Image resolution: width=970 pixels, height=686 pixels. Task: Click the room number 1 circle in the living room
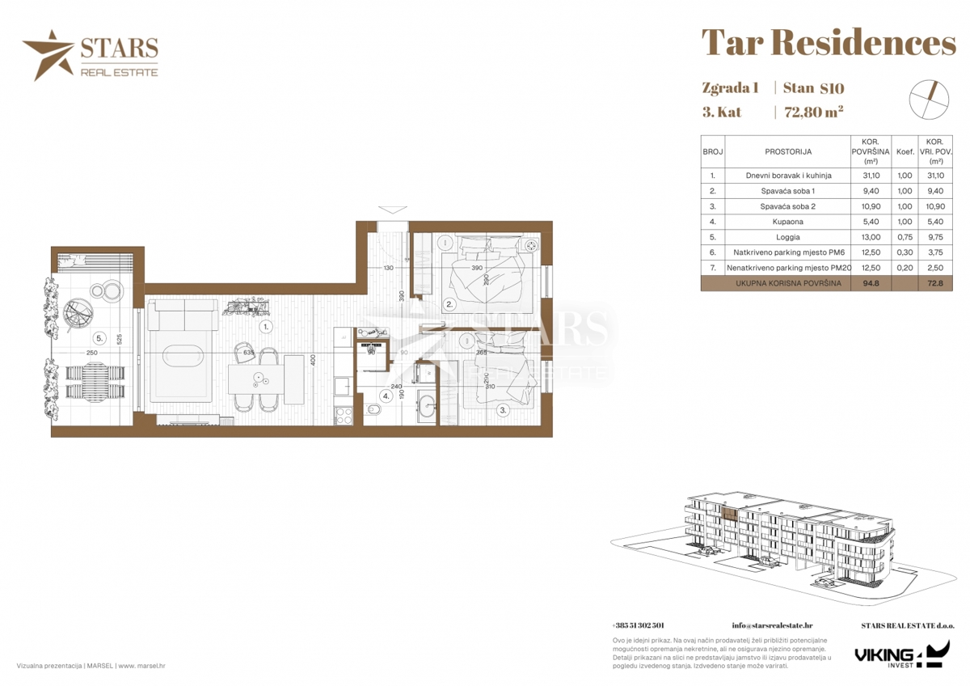[x=267, y=327]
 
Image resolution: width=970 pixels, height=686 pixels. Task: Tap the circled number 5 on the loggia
[x=99, y=338]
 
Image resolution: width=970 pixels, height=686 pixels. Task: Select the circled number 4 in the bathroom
[x=386, y=396]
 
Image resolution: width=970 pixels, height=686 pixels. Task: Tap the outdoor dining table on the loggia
[x=95, y=380]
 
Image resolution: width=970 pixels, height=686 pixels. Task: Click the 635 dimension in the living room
[x=248, y=352]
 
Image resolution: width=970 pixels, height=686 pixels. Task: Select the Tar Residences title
[x=828, y=43]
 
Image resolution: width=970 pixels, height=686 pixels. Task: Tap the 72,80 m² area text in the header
[x=813, y=112]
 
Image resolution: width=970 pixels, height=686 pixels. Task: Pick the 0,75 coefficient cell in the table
[x=905, y=238]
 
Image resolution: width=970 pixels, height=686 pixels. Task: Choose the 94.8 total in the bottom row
[x=870, y=283]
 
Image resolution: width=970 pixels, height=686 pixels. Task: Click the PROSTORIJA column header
[x=787, y=151]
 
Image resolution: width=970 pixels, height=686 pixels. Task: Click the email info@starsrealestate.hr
[x=772, y=625]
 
